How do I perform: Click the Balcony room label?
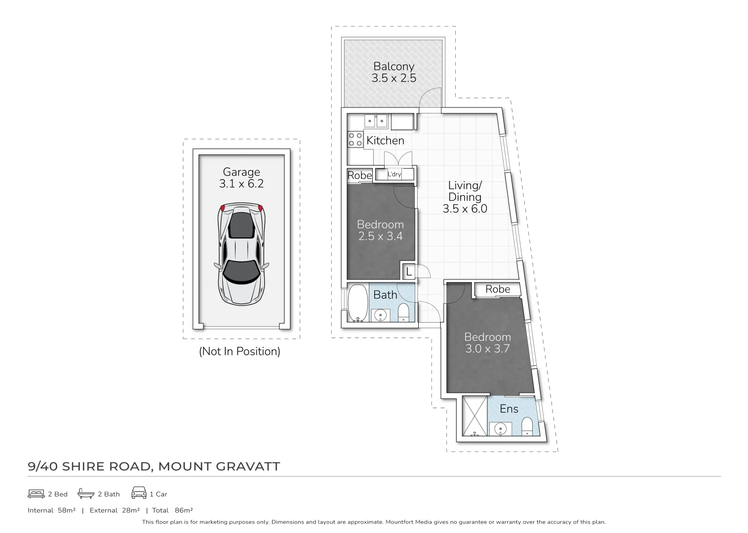(x=394, y=66)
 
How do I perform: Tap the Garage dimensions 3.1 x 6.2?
(x=241, y=184)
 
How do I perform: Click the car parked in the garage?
(x=241, y=254)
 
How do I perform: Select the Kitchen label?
(x=385, y=141)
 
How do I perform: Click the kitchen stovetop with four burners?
(x=355, y=139)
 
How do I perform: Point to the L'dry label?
(x=394, y=174)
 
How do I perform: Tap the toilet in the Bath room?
(x=403, y=312)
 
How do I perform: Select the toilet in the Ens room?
(x=527, y=427)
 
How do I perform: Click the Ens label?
(x=509, y=409)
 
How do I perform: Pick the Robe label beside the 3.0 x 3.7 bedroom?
(x=497, y=289)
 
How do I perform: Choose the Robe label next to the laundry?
(x=359, y=175)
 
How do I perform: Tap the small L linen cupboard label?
(x=409, y=271)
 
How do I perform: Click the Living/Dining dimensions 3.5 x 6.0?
(x=465, y=209)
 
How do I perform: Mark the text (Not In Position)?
(x=239, y=351)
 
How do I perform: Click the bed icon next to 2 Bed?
(x=37, y=494)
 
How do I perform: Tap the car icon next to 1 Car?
(x=139, y=494)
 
